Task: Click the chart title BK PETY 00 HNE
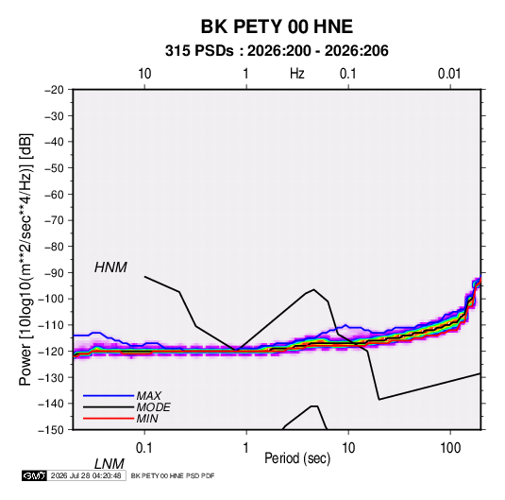[277, 26]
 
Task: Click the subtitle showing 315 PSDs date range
[277, 51]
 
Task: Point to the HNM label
[110, 267]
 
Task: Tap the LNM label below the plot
[109, 464]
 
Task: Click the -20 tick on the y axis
[54, 90]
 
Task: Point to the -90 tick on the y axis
[54, 273]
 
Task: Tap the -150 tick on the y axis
[51, 430]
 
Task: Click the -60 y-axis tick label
[54, 194]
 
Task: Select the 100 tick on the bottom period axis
[450, 448]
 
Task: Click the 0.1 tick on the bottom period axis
[143, 448]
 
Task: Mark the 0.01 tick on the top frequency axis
[449, 74]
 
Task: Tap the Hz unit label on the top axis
[297, 74]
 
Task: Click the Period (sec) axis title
[297, 458]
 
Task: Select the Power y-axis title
[25, 260]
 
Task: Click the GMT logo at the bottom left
[34, 475]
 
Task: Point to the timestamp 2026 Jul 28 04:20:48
[86, 475]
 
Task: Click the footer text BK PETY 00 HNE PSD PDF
[173, 475]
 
